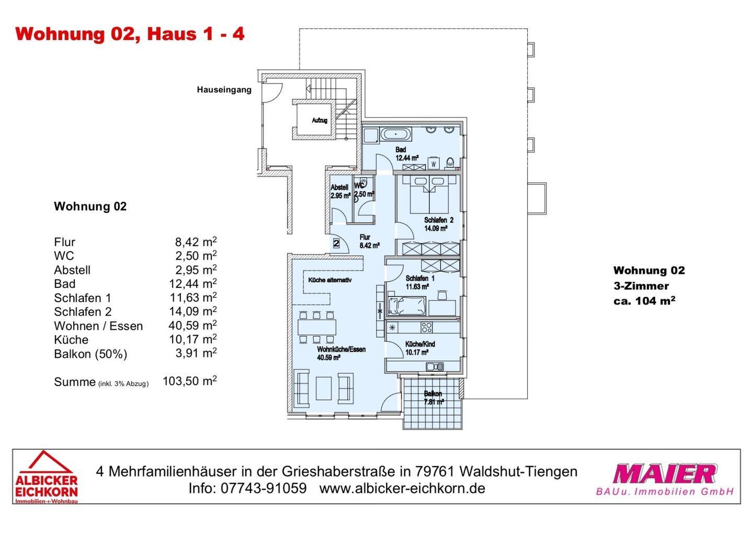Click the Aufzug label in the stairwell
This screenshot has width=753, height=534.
click(x=320, y=120)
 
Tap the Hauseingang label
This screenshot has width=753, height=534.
click(x=224, y=90)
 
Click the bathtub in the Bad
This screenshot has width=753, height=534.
click(x=396, y=133)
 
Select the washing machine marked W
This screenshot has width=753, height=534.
click(x=433, y=163)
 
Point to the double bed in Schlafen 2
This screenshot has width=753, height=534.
click(x=429, y=194)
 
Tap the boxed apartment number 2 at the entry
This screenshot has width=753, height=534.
click(x=336, y=243)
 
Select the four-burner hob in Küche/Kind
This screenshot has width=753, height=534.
click(x=427, y=327)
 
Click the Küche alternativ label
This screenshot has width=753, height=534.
click(x=330, y=280)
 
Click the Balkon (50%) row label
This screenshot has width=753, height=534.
click(x=90, y=354)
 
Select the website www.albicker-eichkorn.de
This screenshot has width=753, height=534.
click(x=402, y=488)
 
